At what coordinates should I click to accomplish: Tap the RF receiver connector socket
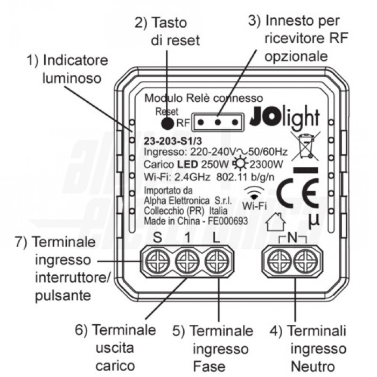coord(217,122)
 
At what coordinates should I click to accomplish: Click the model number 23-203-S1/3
coord(169,141)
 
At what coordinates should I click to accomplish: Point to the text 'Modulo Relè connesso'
coord(204,99)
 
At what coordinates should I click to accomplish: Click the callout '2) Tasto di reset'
coord(167,31)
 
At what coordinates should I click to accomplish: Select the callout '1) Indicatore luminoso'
coord(67,68)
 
